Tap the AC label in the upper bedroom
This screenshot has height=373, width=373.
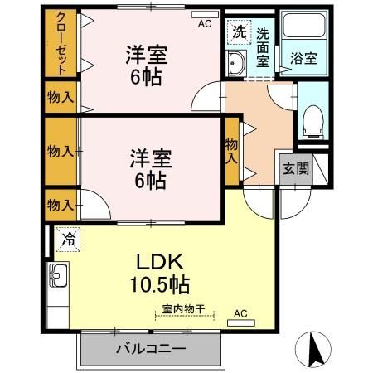[x=204, y=24]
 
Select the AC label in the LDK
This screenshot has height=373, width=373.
[x=240, y=313]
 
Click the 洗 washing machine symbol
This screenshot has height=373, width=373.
[x=239, y=33]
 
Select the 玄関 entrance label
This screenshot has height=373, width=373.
[x=296, y=169]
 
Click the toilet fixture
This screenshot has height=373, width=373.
[x=312, y=121]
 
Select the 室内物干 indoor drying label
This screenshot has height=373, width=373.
[x=185, y=308]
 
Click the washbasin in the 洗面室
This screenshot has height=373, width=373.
[x=235, y=62]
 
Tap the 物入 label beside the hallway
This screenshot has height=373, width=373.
[x=233, y=149]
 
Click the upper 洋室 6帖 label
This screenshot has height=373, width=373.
[x=147, y=65]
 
